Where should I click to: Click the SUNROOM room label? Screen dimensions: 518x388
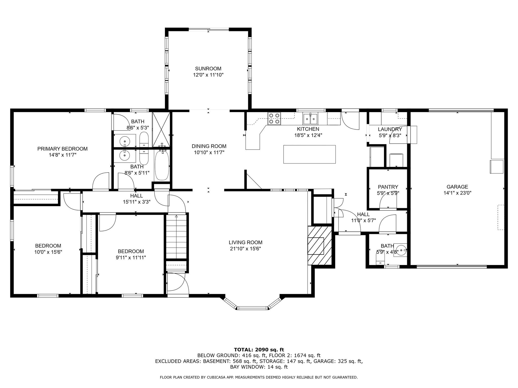[x=208, y=68]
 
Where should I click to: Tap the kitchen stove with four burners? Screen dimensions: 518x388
[x=274, y=118]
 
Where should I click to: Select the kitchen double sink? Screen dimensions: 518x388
[x=311, y=118]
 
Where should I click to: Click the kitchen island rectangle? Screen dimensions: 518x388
[x=310, y=154]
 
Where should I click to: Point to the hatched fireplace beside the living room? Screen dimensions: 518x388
[x=319, y=246]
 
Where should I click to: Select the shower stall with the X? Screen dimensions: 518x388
[x=161, y=129]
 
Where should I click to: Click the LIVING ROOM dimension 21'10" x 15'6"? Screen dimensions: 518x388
[x=245, y=249]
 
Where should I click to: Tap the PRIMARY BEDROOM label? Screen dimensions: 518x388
[x=62, y=149]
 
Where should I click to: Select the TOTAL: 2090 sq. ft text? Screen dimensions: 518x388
[x=259, y=350]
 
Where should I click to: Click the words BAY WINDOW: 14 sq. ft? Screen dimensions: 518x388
[x=259, y=367]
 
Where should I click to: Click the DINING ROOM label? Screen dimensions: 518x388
[x=209, y=146]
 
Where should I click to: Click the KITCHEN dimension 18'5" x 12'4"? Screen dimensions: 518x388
[x=308, y=135]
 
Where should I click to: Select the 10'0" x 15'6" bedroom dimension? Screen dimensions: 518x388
[x=48, y=252]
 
